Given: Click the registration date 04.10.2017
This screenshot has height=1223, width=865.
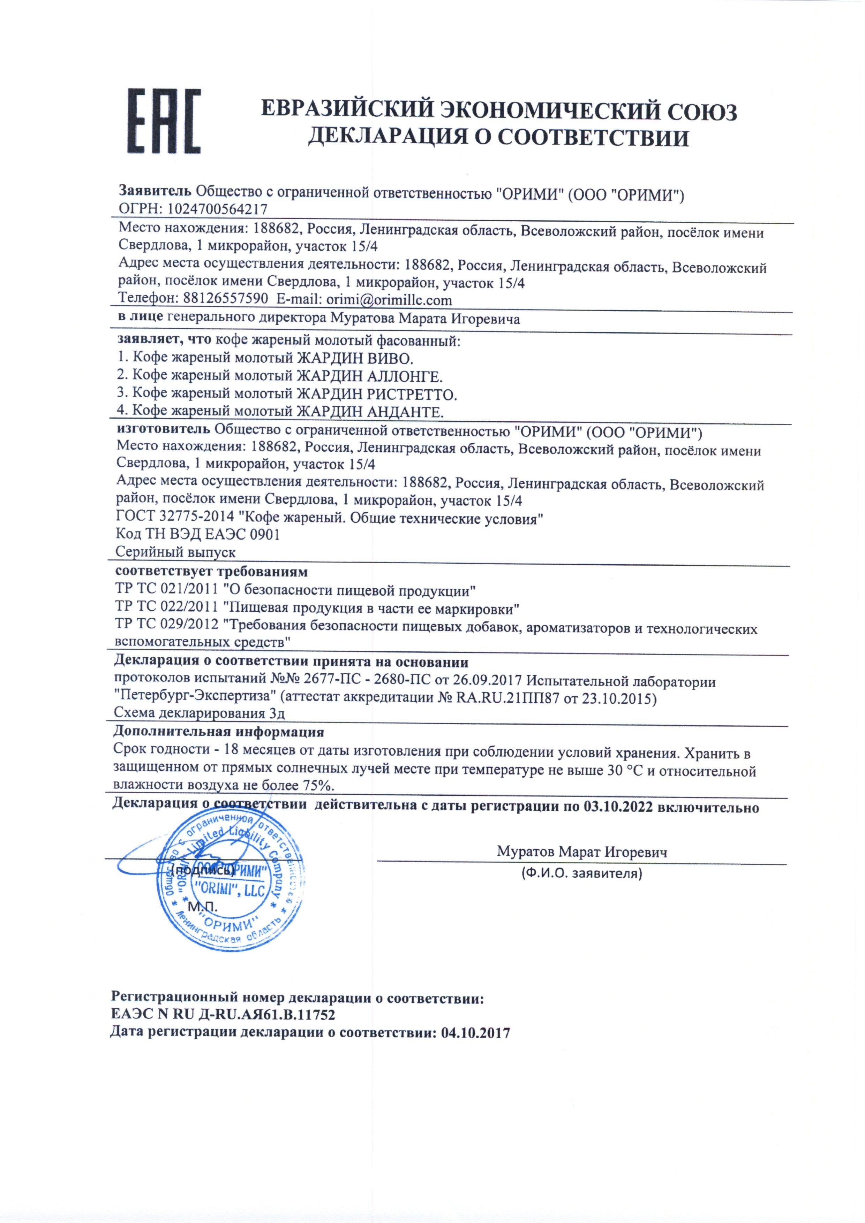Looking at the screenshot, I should tap(475, 1033).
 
